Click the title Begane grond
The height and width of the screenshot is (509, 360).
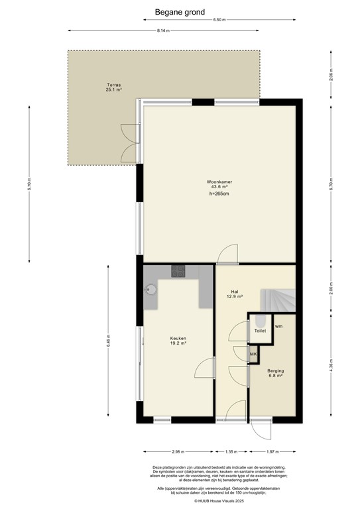[180, 11]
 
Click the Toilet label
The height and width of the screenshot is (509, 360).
[260, 330]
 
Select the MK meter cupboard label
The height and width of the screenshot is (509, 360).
[253, 355]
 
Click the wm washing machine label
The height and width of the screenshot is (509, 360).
[279, 325]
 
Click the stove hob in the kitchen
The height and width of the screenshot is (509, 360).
[179, 270]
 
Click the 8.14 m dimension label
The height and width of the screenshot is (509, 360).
[163, 31]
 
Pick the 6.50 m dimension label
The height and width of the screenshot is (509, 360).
[219, 20]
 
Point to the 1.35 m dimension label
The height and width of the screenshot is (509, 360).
[231, 452]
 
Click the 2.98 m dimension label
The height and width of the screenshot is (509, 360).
[177, 452]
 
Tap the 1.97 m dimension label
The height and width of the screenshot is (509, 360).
[271, 452]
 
